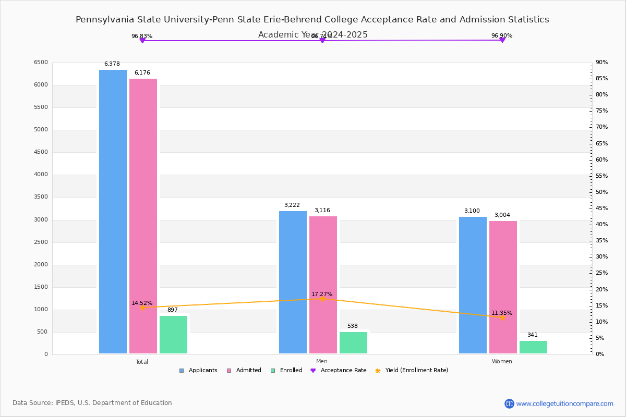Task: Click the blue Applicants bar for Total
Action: tap(113, 212)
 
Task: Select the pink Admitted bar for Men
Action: tap(323, 285)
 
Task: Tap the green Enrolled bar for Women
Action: tap(533, 347)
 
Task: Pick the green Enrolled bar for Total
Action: tap(173, 335)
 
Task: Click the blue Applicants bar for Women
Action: tap(473, 285)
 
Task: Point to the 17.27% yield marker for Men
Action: tap(322, 299)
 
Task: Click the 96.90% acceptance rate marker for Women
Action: tap(502, 40)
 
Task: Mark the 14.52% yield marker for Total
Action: tap(142, 308)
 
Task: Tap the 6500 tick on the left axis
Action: tap(41, 63)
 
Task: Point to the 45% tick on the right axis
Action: tap(601, 208)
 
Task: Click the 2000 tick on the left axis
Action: tap(41, 265)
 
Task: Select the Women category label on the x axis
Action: tap(502, 362)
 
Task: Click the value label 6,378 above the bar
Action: tap(112, 64)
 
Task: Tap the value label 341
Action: tap(532, 335)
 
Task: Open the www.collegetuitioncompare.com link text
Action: tap(564, 404)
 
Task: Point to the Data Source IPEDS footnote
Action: tap(92, 403)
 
